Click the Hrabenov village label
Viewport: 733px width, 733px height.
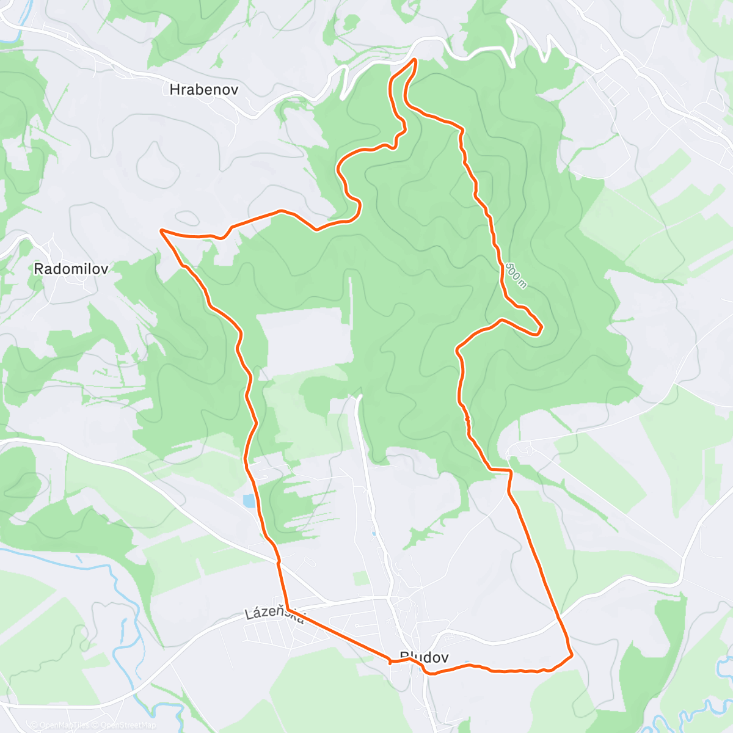[x=203, y=90]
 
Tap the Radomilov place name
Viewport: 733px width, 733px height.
[x=71, y=269]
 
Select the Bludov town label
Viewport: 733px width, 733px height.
[x=425, y=657]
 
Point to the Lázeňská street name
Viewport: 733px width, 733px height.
[x=275, y=614]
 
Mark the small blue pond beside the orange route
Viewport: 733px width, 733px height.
[x=249, y=501]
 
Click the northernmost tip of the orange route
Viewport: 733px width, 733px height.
[x=415, y=59]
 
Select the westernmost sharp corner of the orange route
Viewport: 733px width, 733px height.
[x=161, y=230]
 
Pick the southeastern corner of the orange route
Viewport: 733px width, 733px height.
[x=571, y=657]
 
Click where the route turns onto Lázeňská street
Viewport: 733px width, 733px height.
[x=286, y=608]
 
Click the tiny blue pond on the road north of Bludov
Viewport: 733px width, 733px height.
[x=374, y=533]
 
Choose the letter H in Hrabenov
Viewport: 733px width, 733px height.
[x=174, y=90]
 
